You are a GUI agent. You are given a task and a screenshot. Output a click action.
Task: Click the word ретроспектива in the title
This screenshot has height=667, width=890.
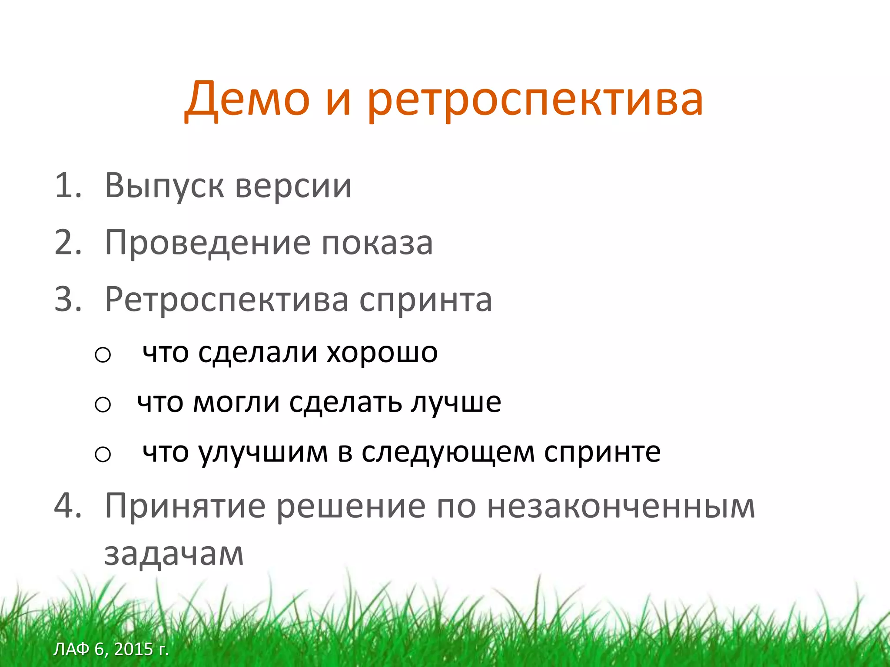535,101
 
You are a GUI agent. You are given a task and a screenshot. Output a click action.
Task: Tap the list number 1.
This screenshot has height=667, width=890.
67,185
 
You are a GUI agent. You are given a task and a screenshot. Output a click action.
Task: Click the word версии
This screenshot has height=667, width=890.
293,187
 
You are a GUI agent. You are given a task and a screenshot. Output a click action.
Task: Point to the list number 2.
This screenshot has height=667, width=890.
68,242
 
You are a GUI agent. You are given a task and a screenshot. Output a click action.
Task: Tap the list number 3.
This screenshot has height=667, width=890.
68,299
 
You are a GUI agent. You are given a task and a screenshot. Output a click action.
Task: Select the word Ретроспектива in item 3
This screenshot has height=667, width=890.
226,300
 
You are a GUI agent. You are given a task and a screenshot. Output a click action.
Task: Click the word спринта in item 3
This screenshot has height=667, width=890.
425,301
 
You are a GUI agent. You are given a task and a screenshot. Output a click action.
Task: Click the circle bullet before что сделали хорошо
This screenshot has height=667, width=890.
103,355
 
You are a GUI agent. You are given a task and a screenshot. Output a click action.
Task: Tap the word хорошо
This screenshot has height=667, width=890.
382,352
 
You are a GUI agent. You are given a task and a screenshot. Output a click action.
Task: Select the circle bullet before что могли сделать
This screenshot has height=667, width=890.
103,405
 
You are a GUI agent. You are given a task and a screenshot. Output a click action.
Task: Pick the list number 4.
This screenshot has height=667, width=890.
68,506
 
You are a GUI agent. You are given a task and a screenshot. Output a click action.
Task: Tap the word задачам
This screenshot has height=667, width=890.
174,554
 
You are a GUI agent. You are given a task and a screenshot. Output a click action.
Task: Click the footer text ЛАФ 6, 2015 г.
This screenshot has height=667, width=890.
111,649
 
